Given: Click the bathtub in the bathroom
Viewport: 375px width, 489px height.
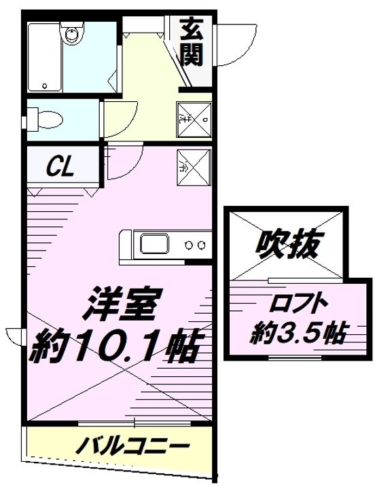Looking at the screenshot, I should click(x=45, y=58).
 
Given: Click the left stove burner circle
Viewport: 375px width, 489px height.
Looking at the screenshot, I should click(x=190, y=244).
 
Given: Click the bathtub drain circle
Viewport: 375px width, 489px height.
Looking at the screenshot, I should click(x=44, y=86).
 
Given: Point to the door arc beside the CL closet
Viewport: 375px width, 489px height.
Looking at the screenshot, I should click(x=122, y=162).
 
